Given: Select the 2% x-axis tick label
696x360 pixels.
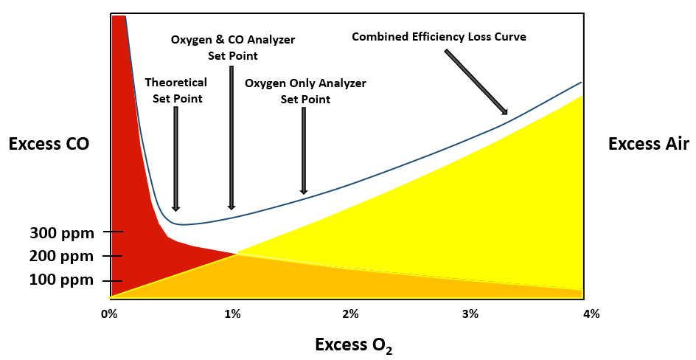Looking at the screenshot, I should (350, 314).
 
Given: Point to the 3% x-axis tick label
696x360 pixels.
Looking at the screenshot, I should (470, 314).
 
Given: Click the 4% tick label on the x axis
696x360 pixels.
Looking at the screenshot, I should (591, 314).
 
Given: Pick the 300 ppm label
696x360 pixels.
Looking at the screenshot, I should (62, 234).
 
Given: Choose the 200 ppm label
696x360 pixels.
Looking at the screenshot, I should (62, 257).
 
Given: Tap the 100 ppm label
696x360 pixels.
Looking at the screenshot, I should (62, 280).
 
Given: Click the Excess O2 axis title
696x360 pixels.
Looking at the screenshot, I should (353, 345).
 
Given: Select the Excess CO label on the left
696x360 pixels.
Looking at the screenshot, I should (49, 145).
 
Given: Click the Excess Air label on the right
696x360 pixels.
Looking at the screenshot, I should (648, 145).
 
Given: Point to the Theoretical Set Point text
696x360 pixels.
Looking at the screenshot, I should (175, 90).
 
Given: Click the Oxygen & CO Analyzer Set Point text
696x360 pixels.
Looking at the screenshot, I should (232, 47).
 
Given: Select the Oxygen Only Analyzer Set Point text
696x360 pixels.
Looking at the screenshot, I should (305, 91).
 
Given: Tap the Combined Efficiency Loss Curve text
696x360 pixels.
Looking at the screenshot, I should (439, 36).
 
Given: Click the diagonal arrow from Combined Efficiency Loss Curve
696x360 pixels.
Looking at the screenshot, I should (476, 82).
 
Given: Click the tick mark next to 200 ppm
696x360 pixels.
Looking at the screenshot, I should (112, 257).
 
